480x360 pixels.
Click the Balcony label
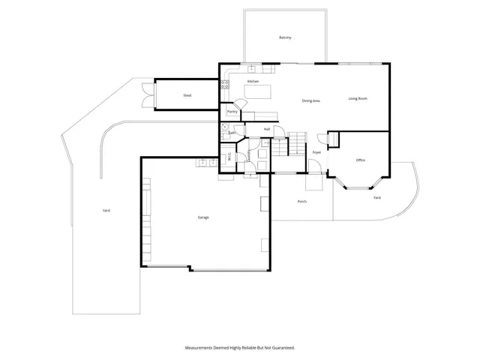tap(285, 37)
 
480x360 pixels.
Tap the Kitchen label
tap(253, 81)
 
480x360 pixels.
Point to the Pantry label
tap(232, 112)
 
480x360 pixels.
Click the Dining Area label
tap(311, 100)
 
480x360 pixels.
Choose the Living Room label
tap(358, 99)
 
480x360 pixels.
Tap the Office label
tap(360, 160)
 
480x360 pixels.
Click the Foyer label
tap(317, 152)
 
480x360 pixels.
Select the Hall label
tap(267, 129)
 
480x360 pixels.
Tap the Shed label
tap(187, 95)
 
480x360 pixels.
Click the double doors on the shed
tap(145, 94)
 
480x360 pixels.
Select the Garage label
tap(202, 217)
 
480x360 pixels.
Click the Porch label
tap(302, 201)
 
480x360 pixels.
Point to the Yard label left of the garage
tap(106, 211)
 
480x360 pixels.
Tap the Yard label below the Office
tap(376, 197)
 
